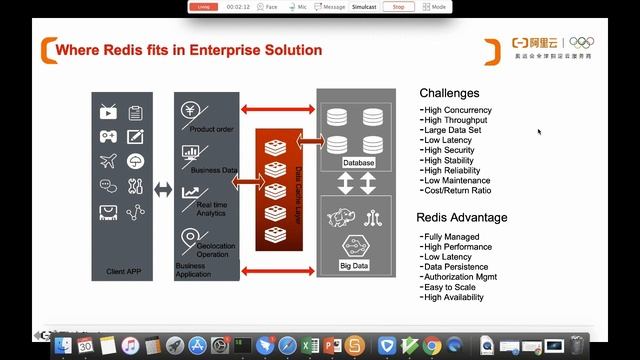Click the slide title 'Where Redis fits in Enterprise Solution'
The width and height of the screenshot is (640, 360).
click(189, 49)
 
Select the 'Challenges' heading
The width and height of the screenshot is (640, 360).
click(449, 93)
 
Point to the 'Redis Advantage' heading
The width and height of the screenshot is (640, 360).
click(461, 218)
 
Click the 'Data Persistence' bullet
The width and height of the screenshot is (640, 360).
click(456, 267)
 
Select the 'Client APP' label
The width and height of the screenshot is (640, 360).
click(123, 271)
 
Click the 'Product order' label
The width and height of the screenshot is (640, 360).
click(211, 130)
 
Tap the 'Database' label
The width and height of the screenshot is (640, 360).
click(358, 162)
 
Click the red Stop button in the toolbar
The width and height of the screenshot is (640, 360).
click(398, 6)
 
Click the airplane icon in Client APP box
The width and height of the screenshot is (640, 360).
click(108, 161)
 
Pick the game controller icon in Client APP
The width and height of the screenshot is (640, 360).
click(108, 136)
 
